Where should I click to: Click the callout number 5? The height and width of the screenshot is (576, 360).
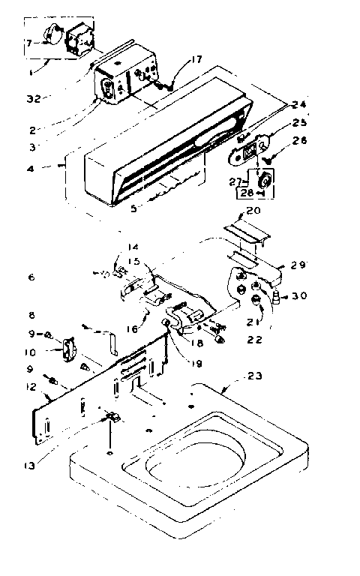(133, 209)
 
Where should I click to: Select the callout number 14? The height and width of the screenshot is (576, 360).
(133, 246)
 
